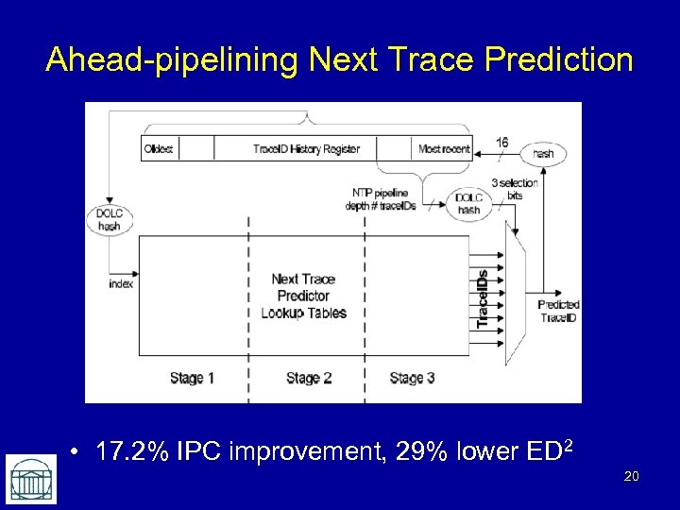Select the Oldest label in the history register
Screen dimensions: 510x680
tap(159, 148)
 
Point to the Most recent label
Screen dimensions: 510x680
tap(443, 148)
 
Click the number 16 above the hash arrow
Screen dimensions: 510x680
tap(502, 142)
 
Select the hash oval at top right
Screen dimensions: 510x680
tap(543, 152)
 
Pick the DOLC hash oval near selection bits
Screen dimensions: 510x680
tap(468, 204)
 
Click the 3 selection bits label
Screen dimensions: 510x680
tap(515, 188)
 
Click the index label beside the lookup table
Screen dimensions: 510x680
tap(121, 283)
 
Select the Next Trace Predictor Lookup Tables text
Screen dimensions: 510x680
tap(303, 296)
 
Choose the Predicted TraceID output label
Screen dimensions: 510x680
tap(558, 311)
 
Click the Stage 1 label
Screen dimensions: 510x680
tap(192, 378)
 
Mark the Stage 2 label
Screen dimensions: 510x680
tap(309, 378)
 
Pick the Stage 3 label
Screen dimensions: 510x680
tap(412, 378)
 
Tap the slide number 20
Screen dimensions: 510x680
tap(631, 477)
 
